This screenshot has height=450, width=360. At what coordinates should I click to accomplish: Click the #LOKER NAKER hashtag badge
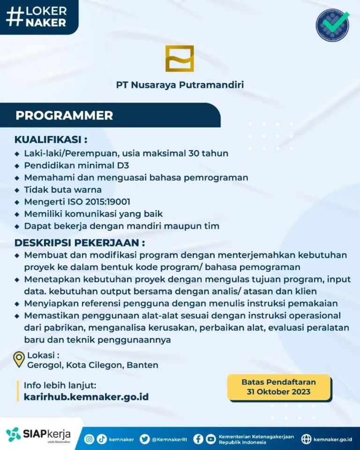point(37,16)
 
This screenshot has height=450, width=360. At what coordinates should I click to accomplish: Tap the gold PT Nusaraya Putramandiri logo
point(179,59)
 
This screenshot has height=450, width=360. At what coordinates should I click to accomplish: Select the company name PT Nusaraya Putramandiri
point(180,85)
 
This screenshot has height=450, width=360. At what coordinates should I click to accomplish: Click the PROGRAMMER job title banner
point(64,115)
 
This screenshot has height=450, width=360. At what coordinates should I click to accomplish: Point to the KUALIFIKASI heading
point(51,140)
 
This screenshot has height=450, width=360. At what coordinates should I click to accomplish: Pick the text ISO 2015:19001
point(100,202)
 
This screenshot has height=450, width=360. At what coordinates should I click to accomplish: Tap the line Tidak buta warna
point(63,190)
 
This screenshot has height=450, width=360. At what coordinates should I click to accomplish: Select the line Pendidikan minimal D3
point(76,165)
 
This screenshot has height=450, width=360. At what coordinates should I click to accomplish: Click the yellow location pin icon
point(19,360)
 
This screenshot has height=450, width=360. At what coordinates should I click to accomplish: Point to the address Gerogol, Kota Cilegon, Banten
point(93,365)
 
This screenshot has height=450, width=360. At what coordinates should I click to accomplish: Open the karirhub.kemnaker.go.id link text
point(86,397)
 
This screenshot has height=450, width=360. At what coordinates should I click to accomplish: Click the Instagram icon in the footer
point(89,439)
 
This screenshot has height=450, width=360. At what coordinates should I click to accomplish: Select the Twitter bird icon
point(145,439)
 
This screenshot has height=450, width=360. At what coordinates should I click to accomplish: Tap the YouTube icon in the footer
point(211,439)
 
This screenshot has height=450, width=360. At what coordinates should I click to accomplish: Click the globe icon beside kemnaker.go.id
point(306,439)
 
